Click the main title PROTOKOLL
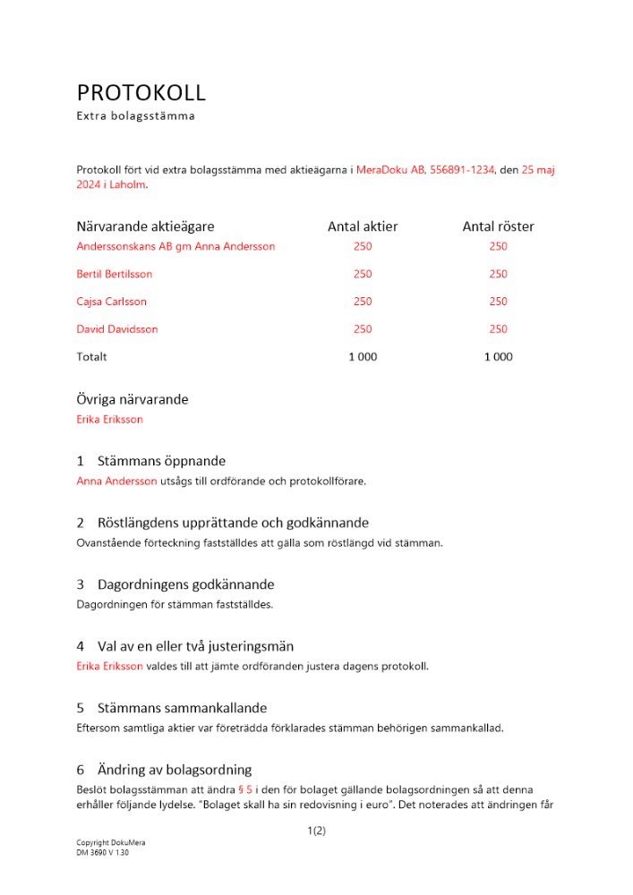141,93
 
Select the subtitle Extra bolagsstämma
135,116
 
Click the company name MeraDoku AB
390,169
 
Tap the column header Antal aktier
363,227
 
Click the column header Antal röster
498,227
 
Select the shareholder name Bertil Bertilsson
115,274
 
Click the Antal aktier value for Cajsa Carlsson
363,302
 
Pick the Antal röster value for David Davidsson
498,329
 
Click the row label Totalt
91,357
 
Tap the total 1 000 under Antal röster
498,357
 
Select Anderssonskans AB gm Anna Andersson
175,246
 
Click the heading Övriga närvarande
133,399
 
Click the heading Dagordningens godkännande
185,584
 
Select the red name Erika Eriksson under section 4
109,666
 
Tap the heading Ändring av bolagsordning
174,770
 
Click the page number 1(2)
316,831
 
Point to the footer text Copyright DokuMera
111,844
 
